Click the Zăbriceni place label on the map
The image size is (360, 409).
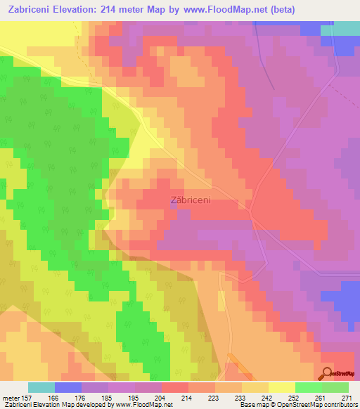(x=191, y=200)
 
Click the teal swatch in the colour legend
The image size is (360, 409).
(x=41, y=387)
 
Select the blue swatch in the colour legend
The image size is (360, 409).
(x=67, y=387)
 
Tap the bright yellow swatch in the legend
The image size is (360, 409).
(x=281, y=387)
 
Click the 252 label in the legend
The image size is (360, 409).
(x=294, y=397)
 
